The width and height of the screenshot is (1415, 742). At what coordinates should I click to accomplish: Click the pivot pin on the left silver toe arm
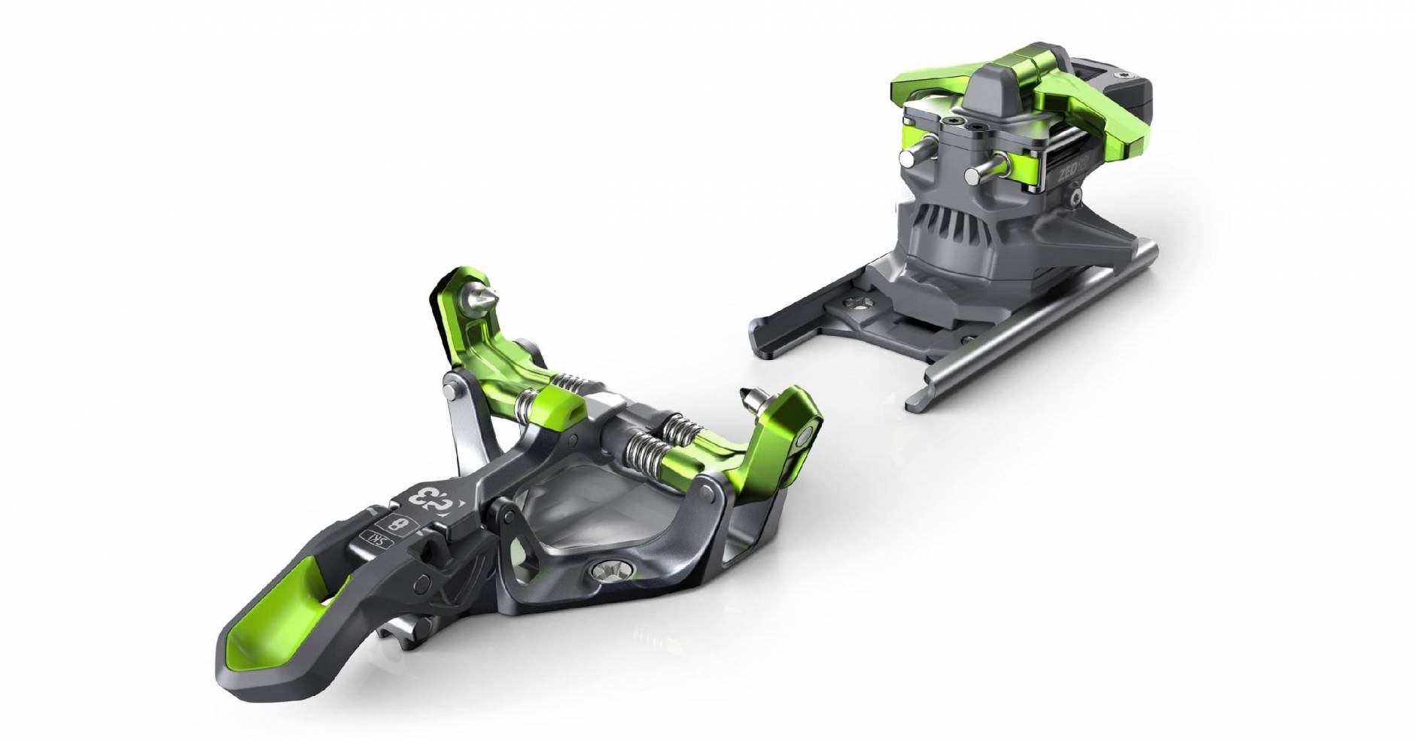[x=449, y=392]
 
